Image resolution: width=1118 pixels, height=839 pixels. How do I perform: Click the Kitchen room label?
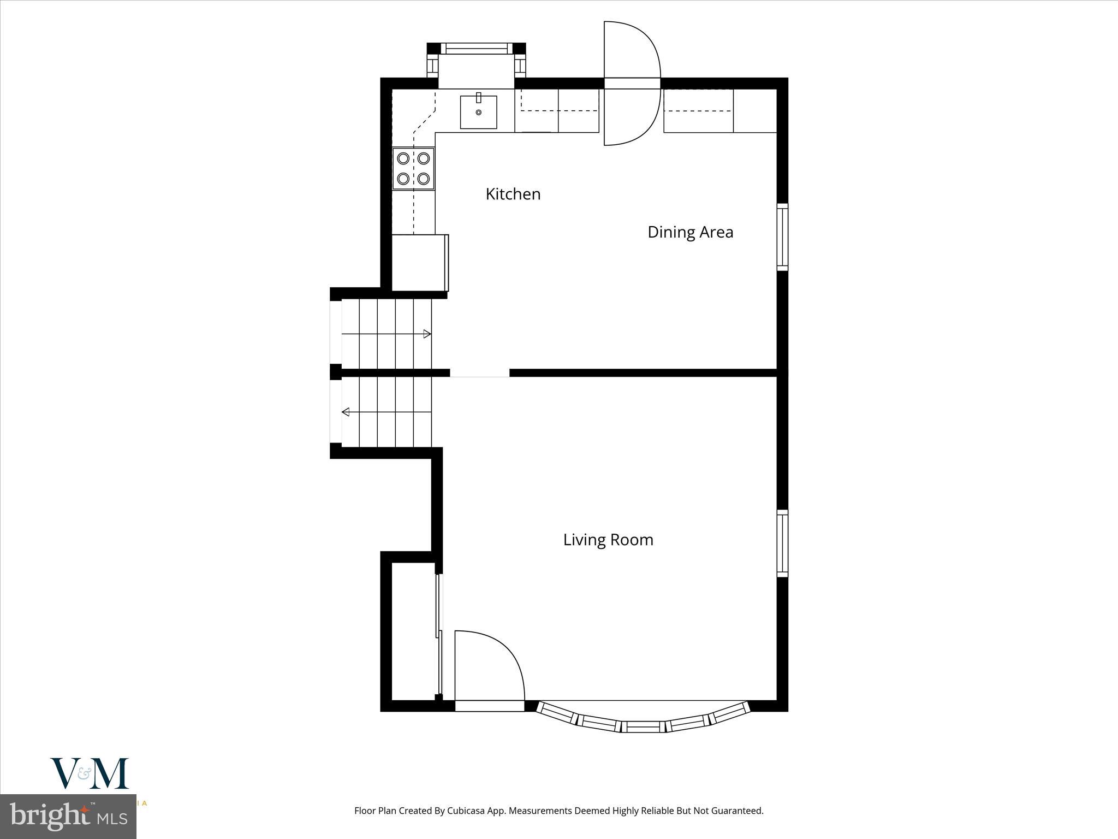click(x=513, y=194)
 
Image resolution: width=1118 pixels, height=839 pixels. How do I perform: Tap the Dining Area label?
click(x=690, y=232)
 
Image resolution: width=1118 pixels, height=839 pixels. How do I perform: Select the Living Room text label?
click(x=608, y=540)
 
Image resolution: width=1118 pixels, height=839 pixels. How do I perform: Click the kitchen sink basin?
click(x=478, y=113)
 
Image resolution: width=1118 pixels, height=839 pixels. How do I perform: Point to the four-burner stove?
click(x=413, y=169)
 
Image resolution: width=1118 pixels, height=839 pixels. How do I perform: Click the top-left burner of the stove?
click(x=403, y=158)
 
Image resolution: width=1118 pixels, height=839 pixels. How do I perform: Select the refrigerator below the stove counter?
click(x=419, y=262)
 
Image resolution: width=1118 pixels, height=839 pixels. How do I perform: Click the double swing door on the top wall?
click(x=632, y=84)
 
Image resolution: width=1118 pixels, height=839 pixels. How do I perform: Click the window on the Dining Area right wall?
click(x=782, y=237)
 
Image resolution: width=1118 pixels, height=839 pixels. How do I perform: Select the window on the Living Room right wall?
click(x=782, y=543)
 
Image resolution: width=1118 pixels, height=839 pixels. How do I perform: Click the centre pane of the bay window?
click(x=643, y=726)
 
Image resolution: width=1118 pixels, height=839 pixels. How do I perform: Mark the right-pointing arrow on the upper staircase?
click(x=427, y=334)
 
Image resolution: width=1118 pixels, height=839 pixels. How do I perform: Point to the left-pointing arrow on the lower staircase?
click(x=346, y=412)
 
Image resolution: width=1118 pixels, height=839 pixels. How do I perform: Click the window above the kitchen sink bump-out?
click(x=476, y=48)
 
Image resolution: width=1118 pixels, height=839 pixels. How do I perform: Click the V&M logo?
click(x=90, y=773)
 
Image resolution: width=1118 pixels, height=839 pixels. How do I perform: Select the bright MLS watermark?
click(x=68, y=817)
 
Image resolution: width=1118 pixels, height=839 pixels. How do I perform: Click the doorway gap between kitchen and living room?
click(x=479, y=373)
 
